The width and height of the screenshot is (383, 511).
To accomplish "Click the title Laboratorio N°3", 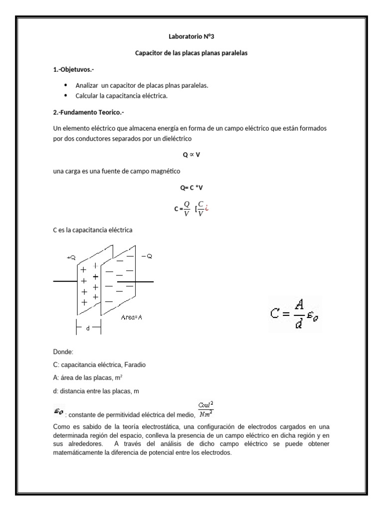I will point(191,36).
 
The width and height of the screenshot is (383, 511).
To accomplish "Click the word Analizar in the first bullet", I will point(86,85).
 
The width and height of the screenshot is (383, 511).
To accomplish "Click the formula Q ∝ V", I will point(191,155).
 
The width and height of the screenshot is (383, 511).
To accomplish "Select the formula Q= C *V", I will point(191,188).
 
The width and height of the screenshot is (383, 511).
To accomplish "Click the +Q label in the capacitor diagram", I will point(71,257).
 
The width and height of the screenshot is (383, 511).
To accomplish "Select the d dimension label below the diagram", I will point(88,329).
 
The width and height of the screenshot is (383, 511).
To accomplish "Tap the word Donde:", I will point(63,352).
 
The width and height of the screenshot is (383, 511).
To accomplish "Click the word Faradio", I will point(131,365).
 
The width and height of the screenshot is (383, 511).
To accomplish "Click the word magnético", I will point(166,172).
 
